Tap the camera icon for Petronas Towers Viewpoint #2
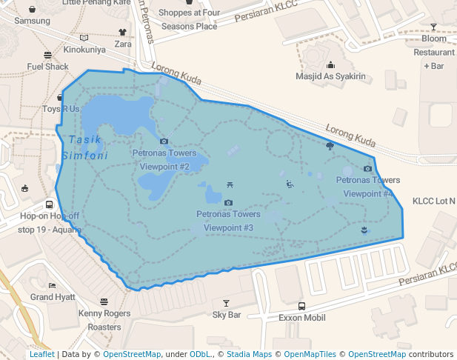164,141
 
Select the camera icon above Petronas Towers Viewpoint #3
228,202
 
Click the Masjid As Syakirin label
330,76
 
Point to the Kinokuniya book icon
84,38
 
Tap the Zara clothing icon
123,33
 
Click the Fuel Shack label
48,67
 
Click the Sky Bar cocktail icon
227,303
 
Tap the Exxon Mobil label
301,318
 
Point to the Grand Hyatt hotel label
53,297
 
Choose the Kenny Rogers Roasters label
104,320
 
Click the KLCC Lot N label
434,201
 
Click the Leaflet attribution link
41,355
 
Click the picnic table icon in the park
229,185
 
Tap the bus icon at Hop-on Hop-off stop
49,204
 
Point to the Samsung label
33,21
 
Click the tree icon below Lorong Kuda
330,146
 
